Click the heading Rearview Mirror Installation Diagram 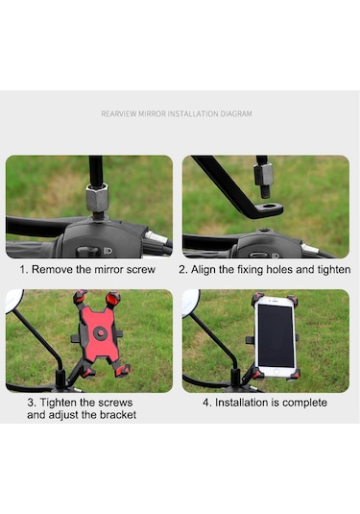[x=177, y=113]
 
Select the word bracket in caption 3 [x=118, y=415]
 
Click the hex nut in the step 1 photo [x=97, y=197]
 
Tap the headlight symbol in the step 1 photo [x=108, y=251]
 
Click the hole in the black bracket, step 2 [x=270, y=207]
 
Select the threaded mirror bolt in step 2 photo [x=264, y=192]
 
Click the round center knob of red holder [x=101, y=333]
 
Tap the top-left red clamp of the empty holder [x=80, y=296]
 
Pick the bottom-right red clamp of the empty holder [x=122, y=371]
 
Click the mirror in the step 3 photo [x=14, y=300]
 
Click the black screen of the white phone [x=276, y=335]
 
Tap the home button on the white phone [x=276, y=373]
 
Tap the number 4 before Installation [x=206, y=403]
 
